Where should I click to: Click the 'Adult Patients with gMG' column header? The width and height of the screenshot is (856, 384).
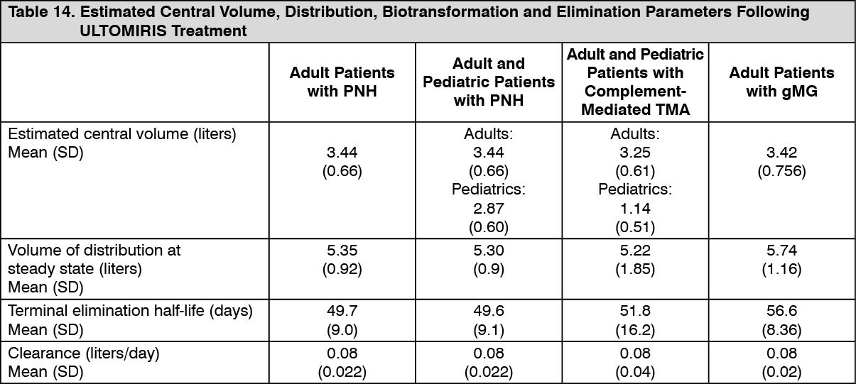pyautogui.click(x=781, y=82)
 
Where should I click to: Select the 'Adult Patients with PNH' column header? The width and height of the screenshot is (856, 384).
pyautogui.click(x=342, y=82)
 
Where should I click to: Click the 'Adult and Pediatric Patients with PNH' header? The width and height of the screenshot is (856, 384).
pyautogui.click(x=488, y=82)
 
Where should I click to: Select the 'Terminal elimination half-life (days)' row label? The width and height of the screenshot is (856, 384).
pyautogui.click(x=130, y=310)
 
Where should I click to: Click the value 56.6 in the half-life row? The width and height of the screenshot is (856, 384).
pyautogui.click(x=781, y=310)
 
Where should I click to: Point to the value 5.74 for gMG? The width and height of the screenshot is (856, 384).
pyautogui.click(x=781, y=251)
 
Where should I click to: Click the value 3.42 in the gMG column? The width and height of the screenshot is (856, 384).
pyautogui.click(x=781, y=152)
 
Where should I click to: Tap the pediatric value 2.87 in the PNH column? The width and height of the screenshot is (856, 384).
pyautogui.click(x=488, y=209)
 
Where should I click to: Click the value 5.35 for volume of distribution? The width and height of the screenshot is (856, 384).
pyautogui.click(x=342, y=251)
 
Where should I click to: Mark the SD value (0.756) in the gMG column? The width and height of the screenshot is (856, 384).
pyautogui.click(x=781, y=171)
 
